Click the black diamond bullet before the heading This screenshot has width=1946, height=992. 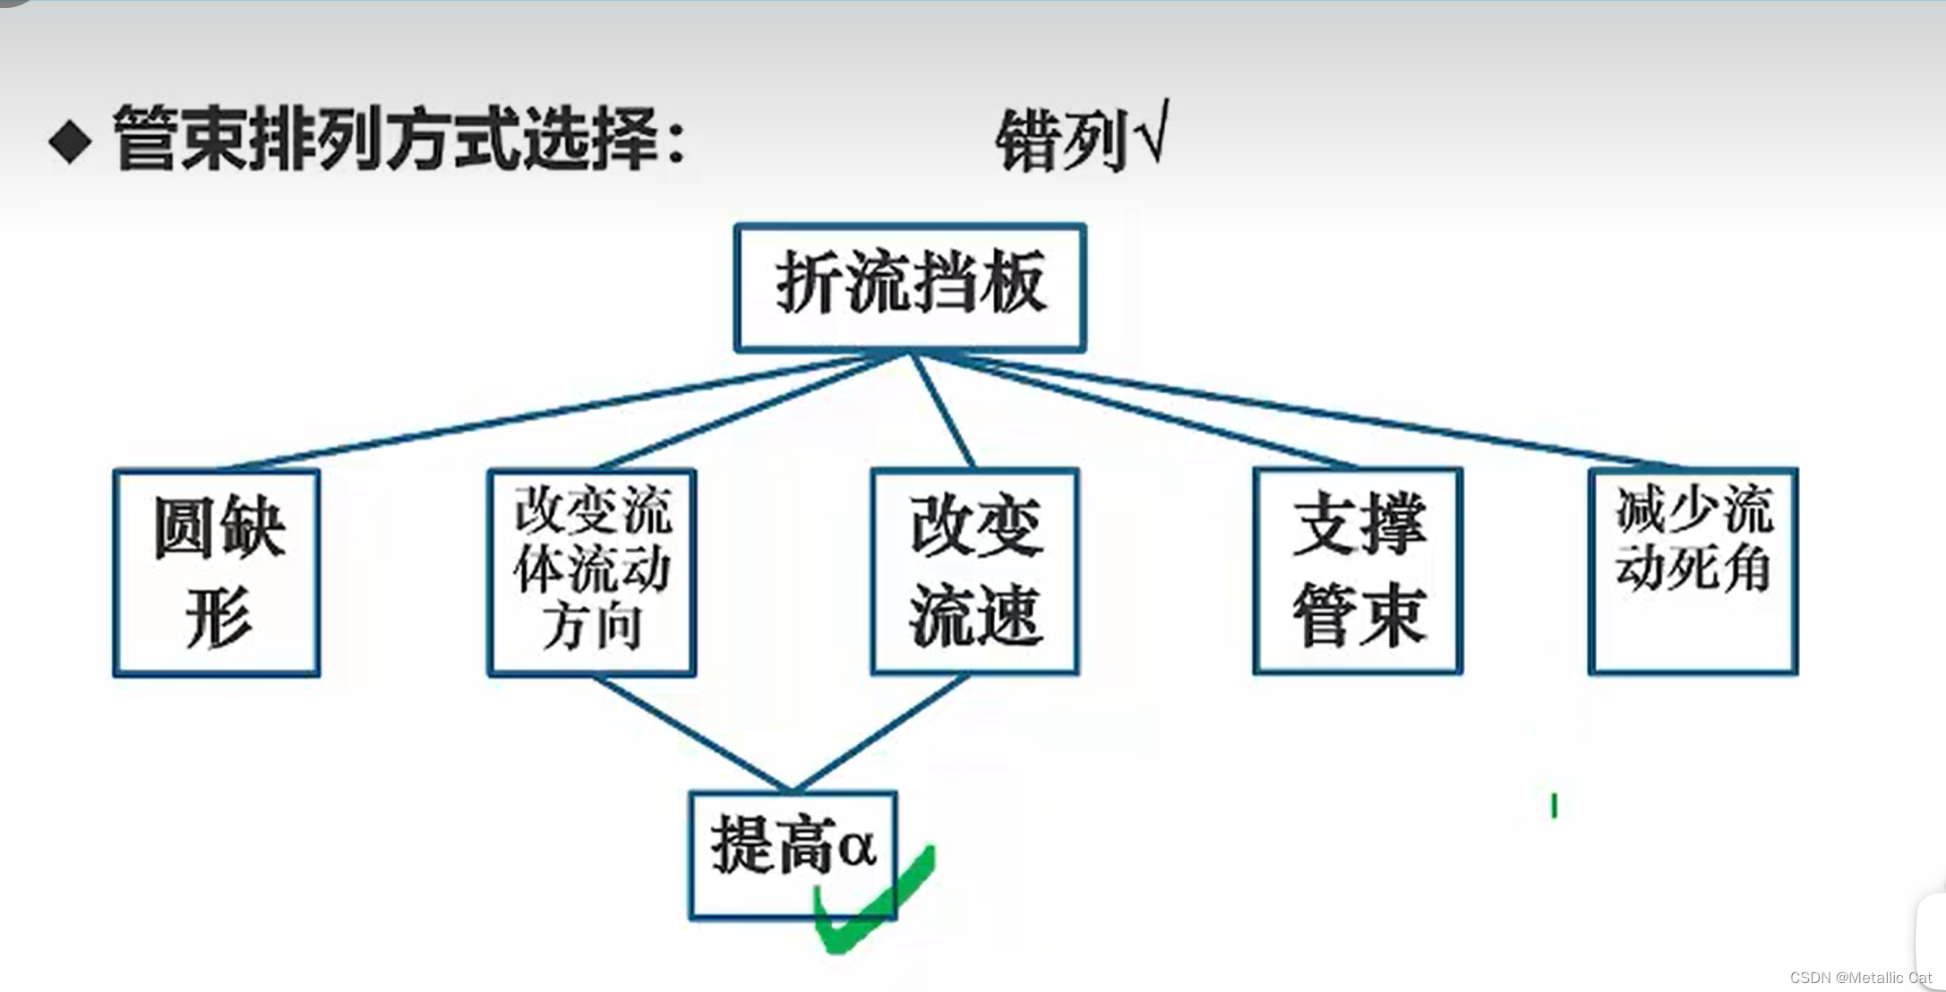click(x=71, y=141)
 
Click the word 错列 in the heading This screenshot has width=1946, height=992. click(x=1061, y=141)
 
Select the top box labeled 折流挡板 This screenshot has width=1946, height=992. click(x=910, y=286)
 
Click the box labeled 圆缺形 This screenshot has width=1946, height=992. click(x=217, y=572)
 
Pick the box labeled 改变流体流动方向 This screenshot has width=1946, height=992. click(x=591, y=572)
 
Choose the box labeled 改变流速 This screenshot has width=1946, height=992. click(x=974, y=571)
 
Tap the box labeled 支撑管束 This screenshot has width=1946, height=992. click(x=1358, y=571)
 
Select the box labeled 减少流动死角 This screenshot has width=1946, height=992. click(x=1693, y=571)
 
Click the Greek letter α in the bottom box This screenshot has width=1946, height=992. click(x=856, y=845)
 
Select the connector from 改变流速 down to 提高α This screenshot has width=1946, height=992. click(x=882, y=731)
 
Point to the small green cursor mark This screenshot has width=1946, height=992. click(x=1554, y=806)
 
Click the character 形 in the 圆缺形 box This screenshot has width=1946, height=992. click(x=219, y=617)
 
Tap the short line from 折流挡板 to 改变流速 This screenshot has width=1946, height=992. click(x=942, y=411)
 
